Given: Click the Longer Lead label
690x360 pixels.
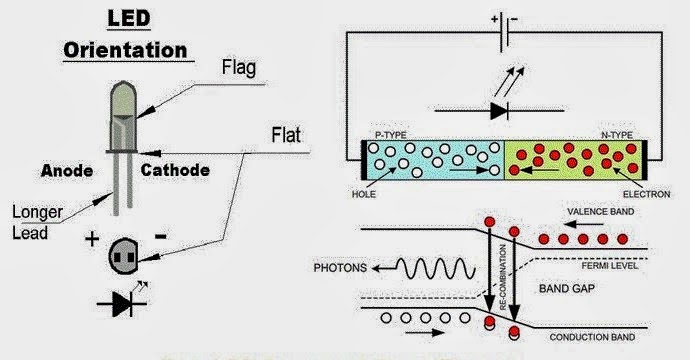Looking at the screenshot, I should click(x=36, y=220).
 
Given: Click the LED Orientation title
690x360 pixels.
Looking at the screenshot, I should click(x=125, y=35).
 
